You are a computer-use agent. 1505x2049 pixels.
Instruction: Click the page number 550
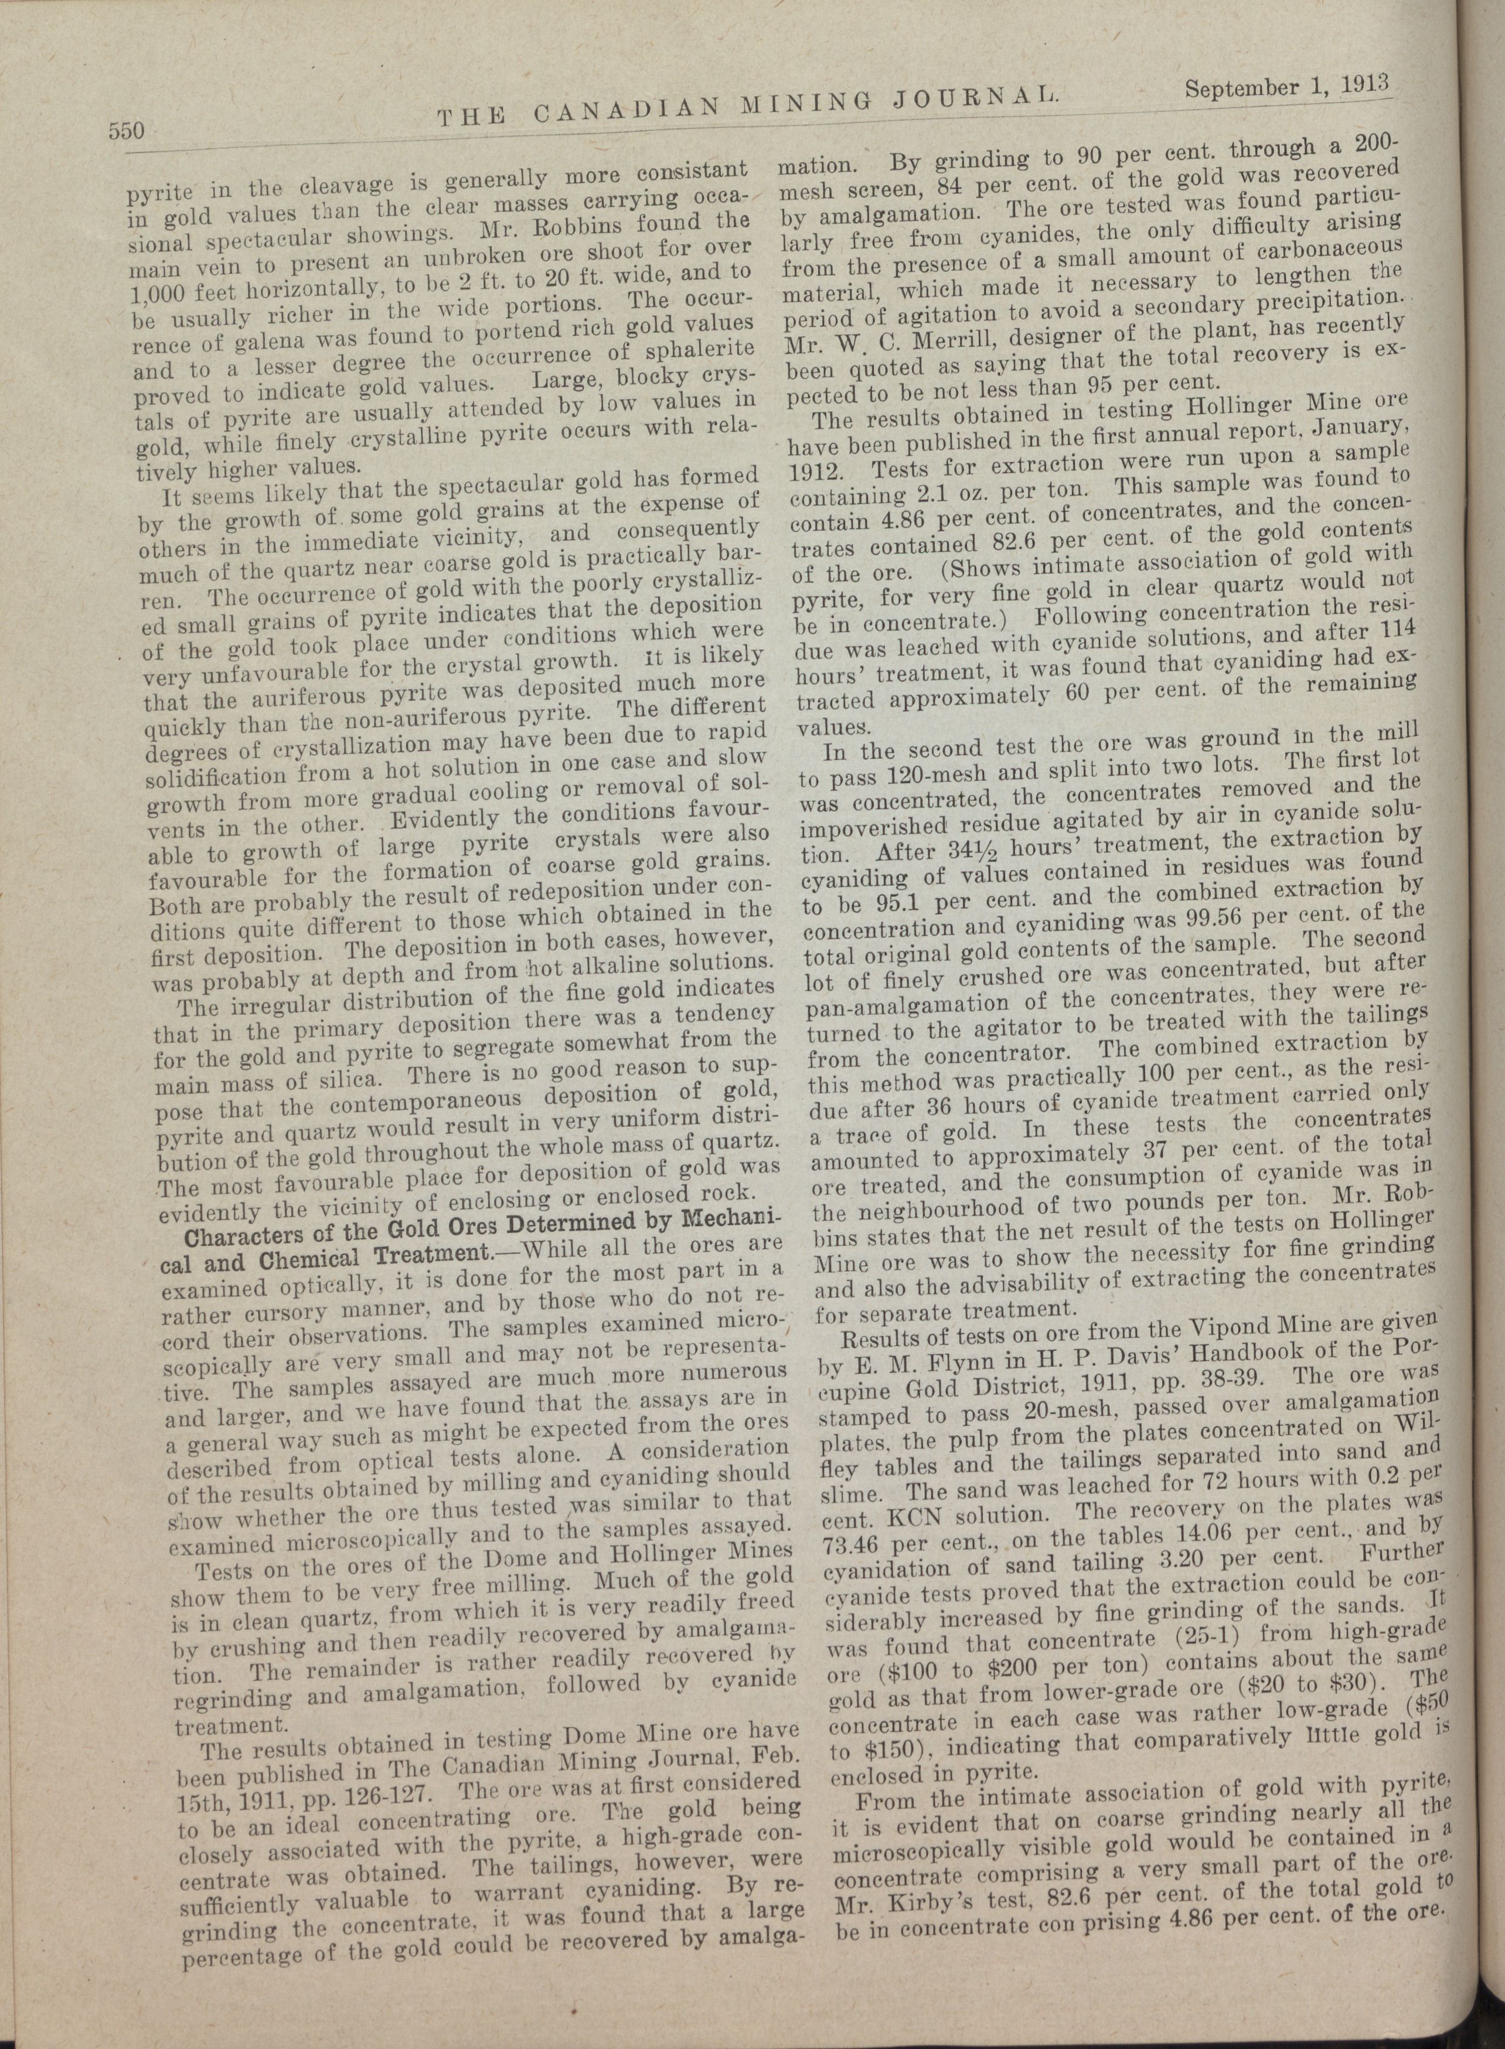[127, 131]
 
